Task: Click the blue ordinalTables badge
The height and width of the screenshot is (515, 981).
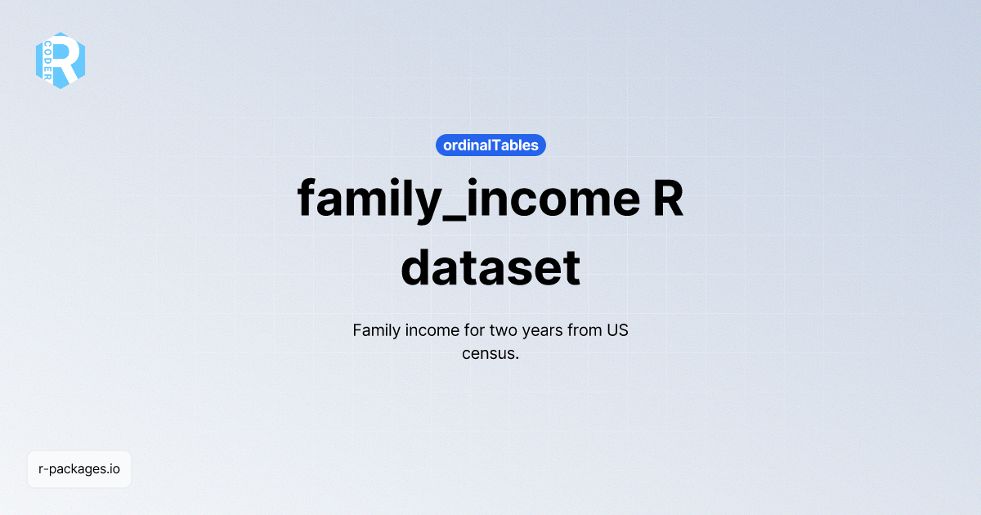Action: coord(490,146)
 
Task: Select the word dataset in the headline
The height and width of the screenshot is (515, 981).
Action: coord(490,266)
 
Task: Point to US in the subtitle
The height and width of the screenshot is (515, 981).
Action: coord(617,331)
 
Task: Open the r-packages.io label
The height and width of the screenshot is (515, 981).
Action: coord(79,469)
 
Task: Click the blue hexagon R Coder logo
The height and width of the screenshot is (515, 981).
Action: coord(60,60)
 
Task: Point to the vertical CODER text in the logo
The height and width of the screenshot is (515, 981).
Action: coord(48,60)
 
